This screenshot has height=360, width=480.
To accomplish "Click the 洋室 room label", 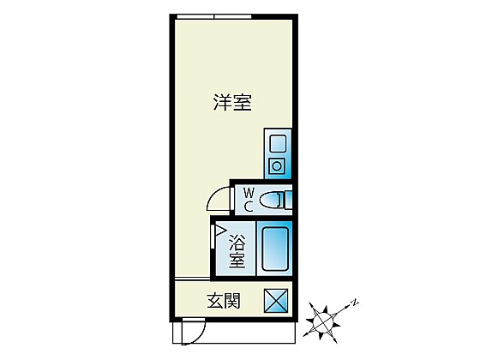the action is point(232,102).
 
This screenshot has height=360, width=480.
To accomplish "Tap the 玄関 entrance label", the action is point(224,301).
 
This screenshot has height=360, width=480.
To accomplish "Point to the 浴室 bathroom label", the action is point(237,251).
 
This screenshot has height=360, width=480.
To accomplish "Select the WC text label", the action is point(249,200).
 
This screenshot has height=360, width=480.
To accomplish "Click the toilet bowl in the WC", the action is point(270,201).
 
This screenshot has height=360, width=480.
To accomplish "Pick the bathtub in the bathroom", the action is point(275,249).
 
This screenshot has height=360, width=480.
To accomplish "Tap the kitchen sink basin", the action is point(278,144).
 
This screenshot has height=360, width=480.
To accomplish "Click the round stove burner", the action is point(277,166).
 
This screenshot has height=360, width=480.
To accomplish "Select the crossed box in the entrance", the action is point(276,301).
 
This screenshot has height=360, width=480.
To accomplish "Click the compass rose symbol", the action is point(323,321).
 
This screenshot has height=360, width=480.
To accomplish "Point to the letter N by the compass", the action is point(355,303).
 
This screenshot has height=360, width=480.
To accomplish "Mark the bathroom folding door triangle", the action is point(219,231).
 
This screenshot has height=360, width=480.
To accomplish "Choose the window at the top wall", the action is point(214,16).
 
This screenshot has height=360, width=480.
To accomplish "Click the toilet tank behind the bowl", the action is point(288,201).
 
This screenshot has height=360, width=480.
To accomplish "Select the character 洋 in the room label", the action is point(222,102).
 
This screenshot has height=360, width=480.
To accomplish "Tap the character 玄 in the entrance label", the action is point(215,301).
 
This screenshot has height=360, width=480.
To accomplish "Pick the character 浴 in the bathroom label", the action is point(237,242).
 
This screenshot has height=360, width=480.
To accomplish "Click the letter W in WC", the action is point(249,193).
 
